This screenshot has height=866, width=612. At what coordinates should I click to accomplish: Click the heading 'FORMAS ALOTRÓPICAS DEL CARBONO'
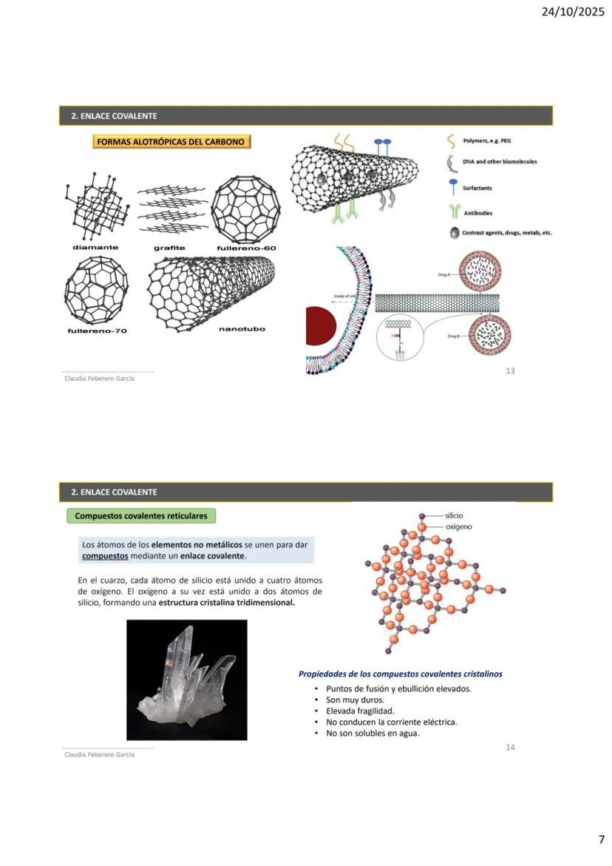click(x=172, y=141)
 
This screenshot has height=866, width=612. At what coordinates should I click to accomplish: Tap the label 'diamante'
click(x=95, y=247)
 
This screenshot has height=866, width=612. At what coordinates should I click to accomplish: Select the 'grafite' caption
click(x=169, y=248)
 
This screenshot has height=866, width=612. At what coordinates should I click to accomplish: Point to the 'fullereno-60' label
click(x=246, y=248)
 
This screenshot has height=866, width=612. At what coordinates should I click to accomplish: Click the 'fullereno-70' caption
click(x=97, y=331)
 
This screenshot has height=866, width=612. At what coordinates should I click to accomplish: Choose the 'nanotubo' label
click(x=242, y=329)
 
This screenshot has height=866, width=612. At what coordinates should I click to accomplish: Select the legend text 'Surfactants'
click(x=477, y=188)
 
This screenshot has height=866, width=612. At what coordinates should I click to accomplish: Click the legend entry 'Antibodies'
click(x=477, y=213)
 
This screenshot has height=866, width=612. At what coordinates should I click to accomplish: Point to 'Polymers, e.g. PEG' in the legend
click(x=486, y=141)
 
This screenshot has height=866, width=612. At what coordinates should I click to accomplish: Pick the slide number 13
click(x=510, y=371)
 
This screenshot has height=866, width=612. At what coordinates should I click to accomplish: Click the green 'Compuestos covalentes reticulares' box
click(x=141, y=515)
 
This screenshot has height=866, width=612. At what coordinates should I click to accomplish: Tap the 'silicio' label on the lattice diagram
click(x=455, y=515)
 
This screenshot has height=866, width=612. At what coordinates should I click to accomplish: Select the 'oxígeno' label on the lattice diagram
click(x=458, y=527)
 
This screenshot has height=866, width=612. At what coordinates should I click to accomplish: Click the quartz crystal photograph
click(x=186, y=680)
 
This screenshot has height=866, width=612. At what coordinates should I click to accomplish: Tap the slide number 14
click(x=510, y=747)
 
